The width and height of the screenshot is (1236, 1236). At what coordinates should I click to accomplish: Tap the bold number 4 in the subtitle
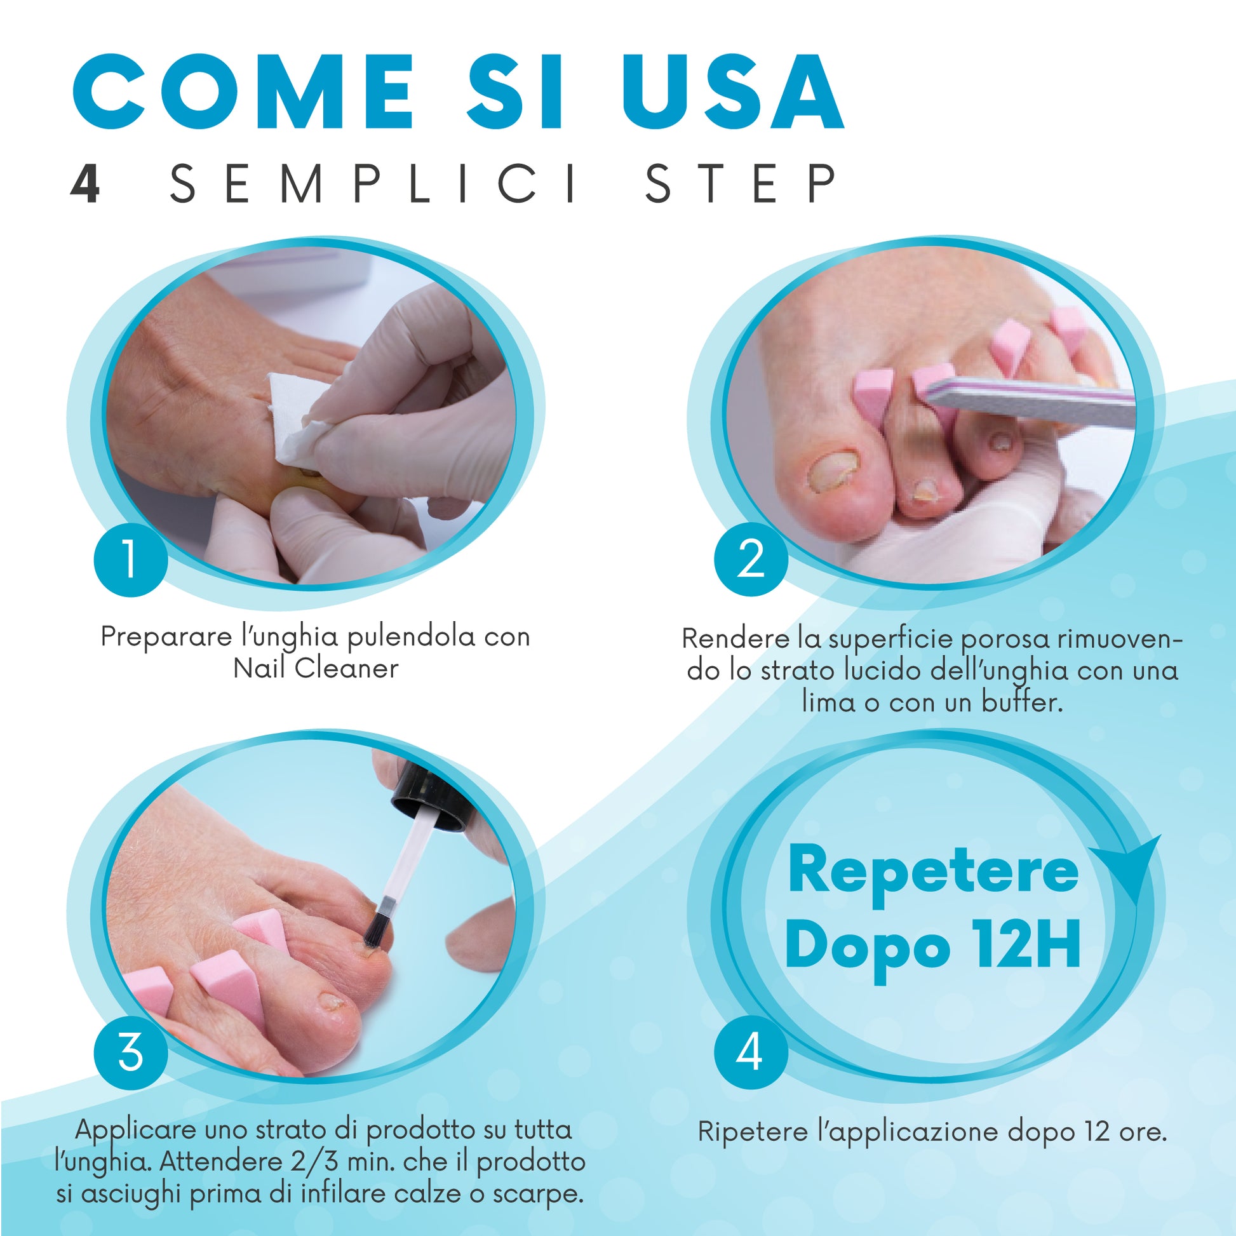tap(85, 184)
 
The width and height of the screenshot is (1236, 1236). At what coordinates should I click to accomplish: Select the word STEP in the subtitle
tap(741, 184)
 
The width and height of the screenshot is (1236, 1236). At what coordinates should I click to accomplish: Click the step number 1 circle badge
tap(130, 558)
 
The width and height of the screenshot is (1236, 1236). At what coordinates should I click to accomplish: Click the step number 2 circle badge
tap(751, 558)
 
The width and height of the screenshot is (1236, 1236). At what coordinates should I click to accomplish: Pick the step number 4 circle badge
tap(751, 1052)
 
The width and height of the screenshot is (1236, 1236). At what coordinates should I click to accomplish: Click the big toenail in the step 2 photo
tap(833, 471)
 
